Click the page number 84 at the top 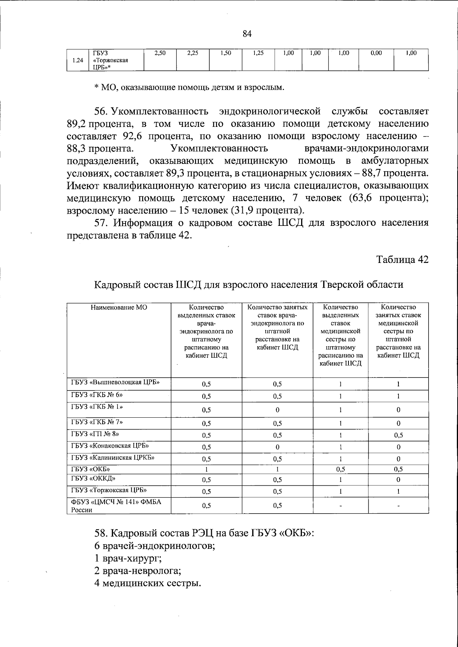click(x=247, y=34)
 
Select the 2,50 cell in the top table click(x=160, y=54)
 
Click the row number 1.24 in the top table click(x=77, y=60)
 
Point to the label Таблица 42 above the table click(x=402, y=259)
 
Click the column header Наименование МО click(x=119, y=307)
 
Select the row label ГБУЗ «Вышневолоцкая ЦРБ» click(x=115, y=382)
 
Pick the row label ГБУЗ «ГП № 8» click(x=95, y=434)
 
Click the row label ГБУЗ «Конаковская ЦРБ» click(x=110, y=446)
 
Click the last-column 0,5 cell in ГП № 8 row click(x=398, y=435)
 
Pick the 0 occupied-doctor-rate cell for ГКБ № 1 click(x=277, y=410)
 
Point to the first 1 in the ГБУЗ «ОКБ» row click(x=206, y=469)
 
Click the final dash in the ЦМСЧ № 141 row click(x=398, y=506)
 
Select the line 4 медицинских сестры click(x=147, y=584)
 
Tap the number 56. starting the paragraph click(x=102, y=112)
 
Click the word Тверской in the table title click(x=340, y=285)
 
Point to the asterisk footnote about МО click(x=189, y=88)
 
